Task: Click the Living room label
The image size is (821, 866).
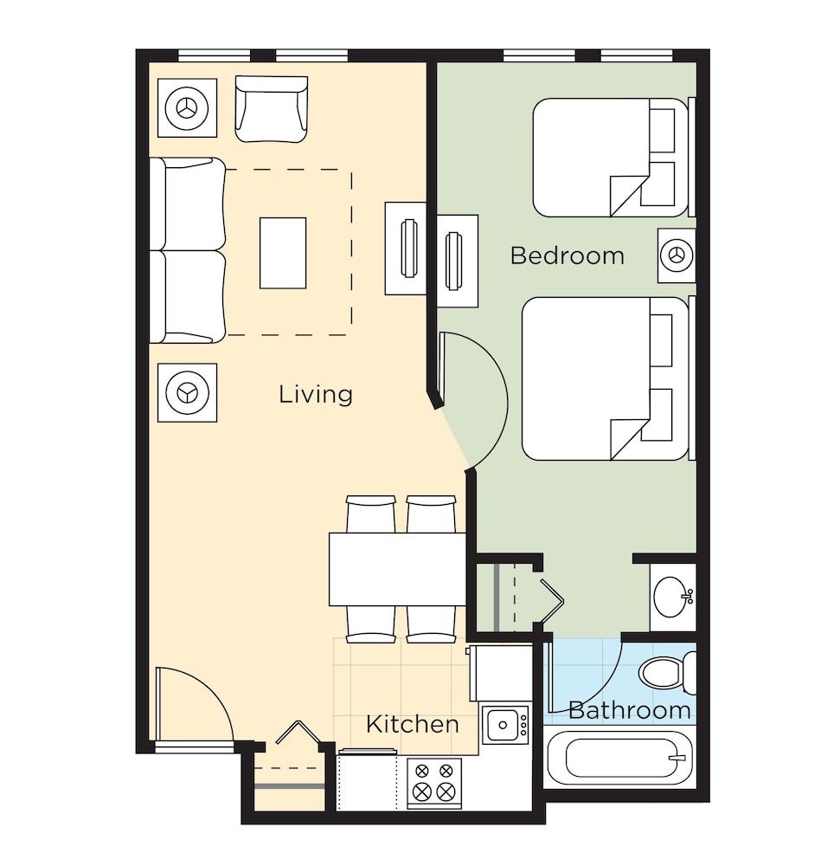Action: click(316, 394)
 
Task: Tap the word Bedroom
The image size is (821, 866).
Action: click(568, 255)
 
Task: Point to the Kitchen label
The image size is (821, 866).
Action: click(412, 724)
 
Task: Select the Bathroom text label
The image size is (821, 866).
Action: click(629, 710)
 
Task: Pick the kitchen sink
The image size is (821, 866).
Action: click(505, 724)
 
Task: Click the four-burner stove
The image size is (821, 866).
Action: click(434, 783)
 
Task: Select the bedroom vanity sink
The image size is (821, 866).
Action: click(673, 597)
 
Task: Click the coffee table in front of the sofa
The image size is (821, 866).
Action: click(283, 253)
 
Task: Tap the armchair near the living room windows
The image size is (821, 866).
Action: click(272, 109)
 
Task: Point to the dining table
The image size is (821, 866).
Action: click(398, 569)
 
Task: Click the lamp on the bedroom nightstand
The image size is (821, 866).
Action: click(677, 255)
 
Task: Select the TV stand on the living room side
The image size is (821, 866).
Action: click(406, 248)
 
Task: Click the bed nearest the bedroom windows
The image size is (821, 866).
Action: click(612, 158)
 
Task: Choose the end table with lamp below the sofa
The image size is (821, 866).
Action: click(187, 392)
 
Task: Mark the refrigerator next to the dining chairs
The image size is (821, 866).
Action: click(500, 673)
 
